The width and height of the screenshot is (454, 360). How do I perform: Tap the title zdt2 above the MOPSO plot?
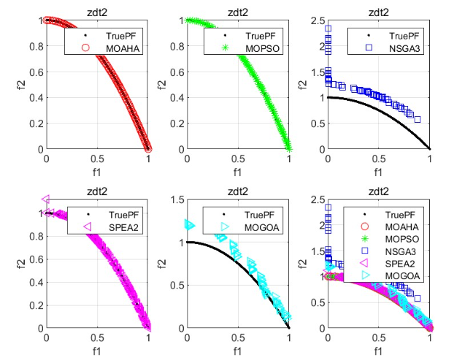click(238, 11)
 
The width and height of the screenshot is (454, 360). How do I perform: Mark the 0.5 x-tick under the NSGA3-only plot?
click(378, 159)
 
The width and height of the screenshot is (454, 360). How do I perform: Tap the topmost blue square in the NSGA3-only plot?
click(328, 30)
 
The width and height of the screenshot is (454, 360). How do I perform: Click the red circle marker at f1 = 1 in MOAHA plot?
click(148, 148)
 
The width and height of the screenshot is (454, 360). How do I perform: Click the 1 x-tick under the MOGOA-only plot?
click(289, 339)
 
